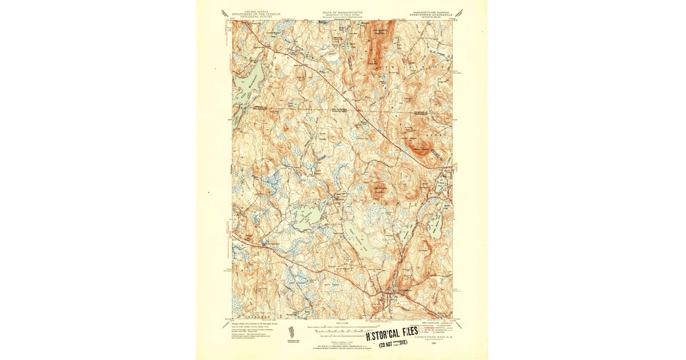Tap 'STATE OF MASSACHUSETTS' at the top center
pos(342,11)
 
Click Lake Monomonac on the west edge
pos(247,80)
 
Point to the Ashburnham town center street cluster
pos(390,297)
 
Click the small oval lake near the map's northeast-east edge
pos(440,184)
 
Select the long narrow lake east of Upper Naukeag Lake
pos(406,229)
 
